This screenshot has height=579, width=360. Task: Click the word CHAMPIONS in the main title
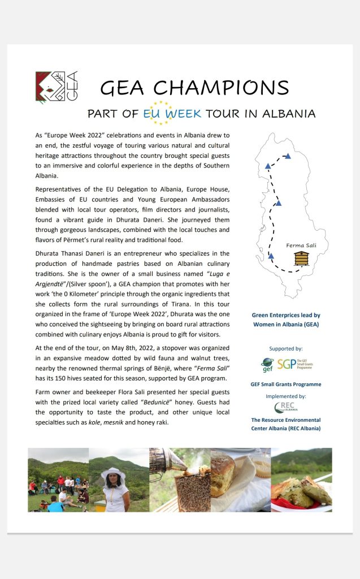point(221,88)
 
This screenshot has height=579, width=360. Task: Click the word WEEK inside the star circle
point(183,113)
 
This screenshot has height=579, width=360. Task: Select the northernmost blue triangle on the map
point(288,156)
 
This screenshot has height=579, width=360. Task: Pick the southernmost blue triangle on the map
point(271,256)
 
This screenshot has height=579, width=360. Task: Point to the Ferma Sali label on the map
point(302,245)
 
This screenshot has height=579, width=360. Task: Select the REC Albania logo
point(285,407)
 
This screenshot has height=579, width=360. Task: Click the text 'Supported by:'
point(285,348)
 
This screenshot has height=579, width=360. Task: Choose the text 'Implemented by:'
point(285,396)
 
